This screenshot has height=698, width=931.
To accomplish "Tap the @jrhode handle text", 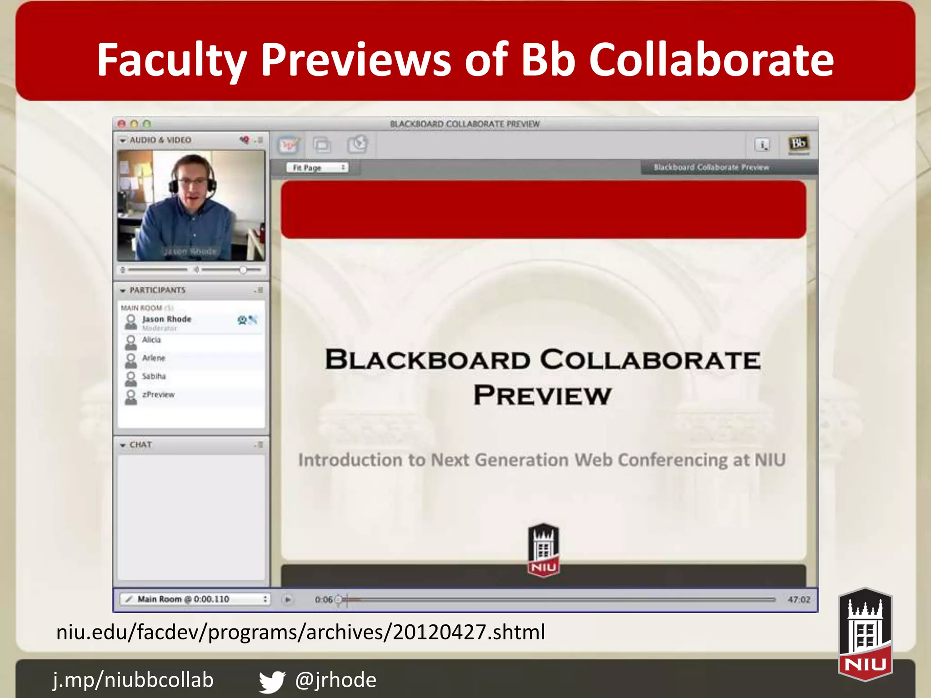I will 335,680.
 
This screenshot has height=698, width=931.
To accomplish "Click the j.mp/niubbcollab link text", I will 133,680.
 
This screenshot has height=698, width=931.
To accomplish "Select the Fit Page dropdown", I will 317,168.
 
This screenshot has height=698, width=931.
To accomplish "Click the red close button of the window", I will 121,124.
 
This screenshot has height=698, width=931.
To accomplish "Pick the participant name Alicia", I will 151,340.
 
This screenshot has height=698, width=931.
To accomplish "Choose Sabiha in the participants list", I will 154,376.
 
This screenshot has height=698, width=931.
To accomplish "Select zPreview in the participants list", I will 158,394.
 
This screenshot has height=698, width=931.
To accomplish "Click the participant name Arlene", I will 154,358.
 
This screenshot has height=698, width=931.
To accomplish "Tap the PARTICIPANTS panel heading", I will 157,290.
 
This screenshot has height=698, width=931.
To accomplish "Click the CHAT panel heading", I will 140,445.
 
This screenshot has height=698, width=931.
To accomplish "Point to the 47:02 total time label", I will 799,600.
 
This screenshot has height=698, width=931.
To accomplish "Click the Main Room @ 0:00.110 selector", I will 195,599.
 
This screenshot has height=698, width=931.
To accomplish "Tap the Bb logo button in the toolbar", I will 798,145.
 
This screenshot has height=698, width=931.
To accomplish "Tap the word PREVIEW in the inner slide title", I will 542,395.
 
